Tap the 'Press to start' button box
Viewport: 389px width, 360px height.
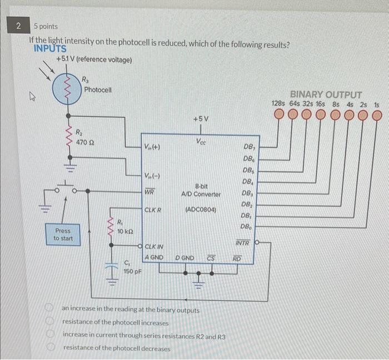point(62,234)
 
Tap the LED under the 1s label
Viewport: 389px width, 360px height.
point(377,115)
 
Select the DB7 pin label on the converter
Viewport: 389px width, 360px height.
point(250,147)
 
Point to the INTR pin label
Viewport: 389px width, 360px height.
point(242,244)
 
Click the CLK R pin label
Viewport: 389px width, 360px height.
point(153,210)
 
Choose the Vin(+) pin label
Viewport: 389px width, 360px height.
point(152,147)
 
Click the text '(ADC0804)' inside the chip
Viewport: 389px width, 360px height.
point(201,210)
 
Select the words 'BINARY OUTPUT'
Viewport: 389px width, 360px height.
point(326,95)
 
